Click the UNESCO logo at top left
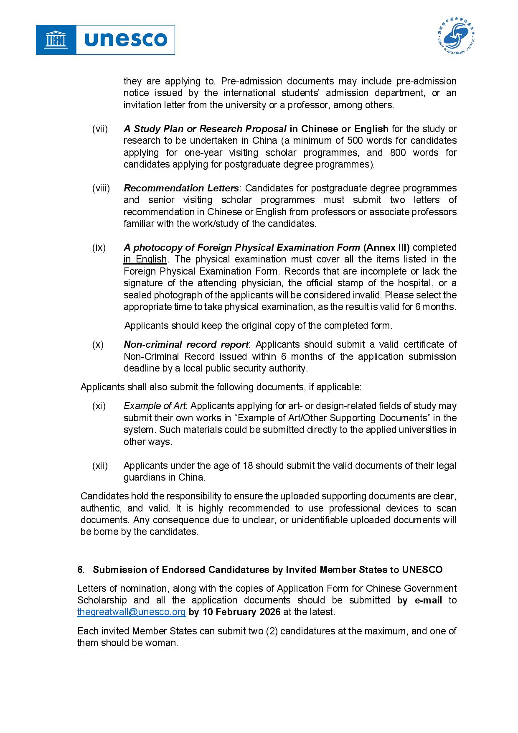click(105, 40)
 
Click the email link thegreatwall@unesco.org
click(131, 612)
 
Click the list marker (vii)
click(100, 129)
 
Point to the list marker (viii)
click(101, 188)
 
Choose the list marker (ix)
click(99, 247)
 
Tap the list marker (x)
click(98, 345)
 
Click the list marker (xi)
click(99, 406)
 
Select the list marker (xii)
click(100, 466)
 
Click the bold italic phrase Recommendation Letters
click(181, 188)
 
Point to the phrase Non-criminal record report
click(186, 345)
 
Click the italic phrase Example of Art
click(155, 406)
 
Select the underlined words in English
click(145, 260)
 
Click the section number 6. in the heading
click(81, 570)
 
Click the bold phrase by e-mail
click(419, 600)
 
